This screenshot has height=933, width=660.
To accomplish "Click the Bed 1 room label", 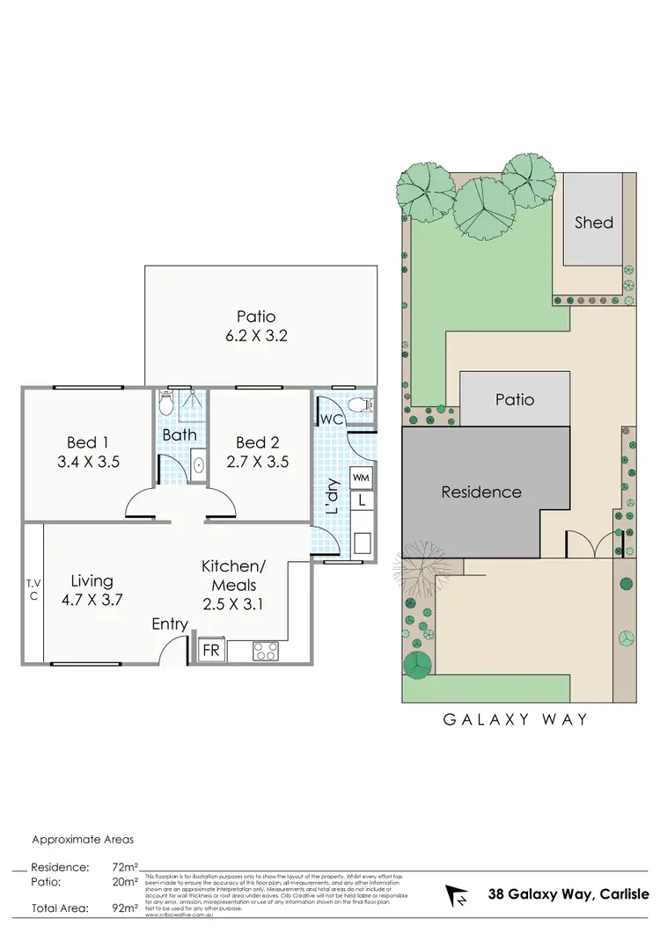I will pyautogui.click(x=86, y=442).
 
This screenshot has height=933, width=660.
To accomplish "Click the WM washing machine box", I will pyautogui.click(x=361, y=477).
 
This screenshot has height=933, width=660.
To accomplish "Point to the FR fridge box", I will pyautogui.click(x=211, y=651).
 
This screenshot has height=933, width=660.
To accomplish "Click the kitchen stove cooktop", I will pyautogui.click(x=266, y=652).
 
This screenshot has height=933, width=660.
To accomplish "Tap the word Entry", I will pyautogui.click(x=170, y=624).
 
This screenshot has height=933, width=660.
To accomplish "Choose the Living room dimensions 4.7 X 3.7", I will pyautogui.click(x=92, y=601).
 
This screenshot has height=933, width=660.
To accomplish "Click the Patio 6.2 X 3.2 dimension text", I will pyautogui.click(x=256, y=334).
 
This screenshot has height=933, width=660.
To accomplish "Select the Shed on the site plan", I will pyautogui.click(x=593, y=222).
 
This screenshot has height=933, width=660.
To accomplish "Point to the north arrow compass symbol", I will pyautogui.click(x=458, y=896).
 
